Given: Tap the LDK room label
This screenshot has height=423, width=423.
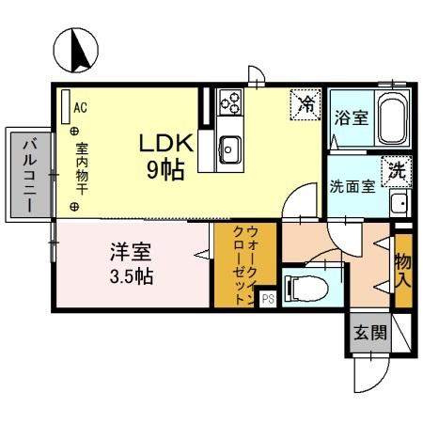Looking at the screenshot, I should tap(166, 144).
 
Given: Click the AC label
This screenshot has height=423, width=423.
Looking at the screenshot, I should tap(80, 107).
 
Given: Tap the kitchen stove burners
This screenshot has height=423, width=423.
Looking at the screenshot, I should tap(230, 102).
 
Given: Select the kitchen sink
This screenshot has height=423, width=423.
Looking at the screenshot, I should tap(230, 148).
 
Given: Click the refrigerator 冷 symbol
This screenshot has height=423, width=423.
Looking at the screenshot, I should tap(305, 104).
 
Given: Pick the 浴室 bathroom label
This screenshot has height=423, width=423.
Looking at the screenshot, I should tap(351, 118).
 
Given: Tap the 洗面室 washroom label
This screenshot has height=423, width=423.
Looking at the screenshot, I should tap(352, 185).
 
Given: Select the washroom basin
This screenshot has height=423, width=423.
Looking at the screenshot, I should tap(398, 202).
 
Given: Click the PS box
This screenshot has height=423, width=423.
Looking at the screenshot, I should tap(267, 299).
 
